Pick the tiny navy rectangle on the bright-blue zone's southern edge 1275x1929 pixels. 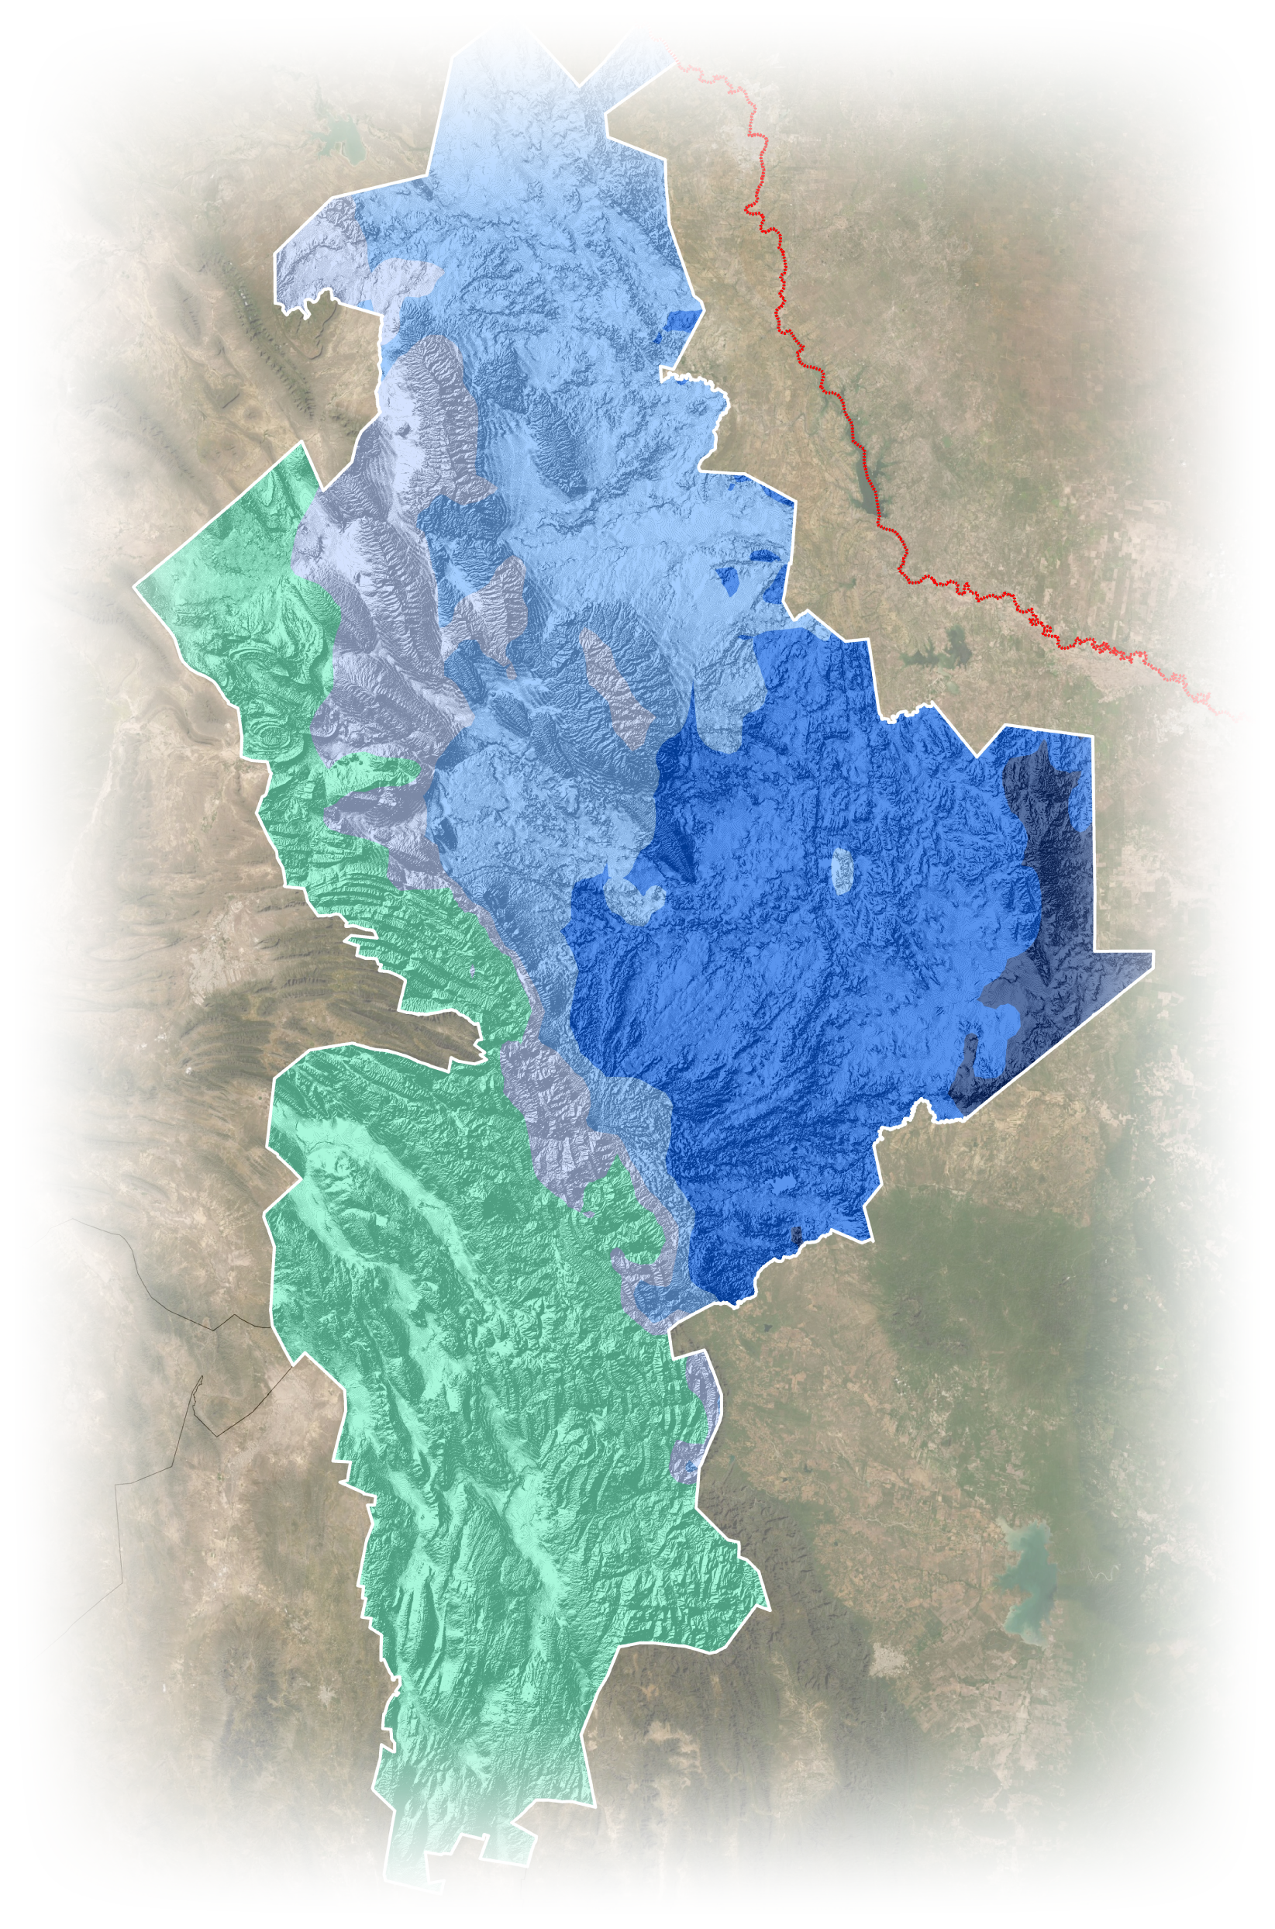(x=798, y=1234)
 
